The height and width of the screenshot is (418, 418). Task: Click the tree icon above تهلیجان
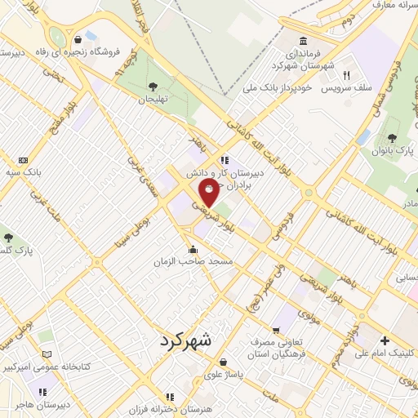point(151,86)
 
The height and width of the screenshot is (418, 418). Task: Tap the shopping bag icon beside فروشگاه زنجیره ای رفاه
point(78,38)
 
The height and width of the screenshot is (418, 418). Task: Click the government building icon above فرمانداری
point(303,42)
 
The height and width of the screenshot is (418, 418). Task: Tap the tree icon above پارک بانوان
point(393,137)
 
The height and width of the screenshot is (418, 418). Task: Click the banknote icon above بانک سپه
point(22,160)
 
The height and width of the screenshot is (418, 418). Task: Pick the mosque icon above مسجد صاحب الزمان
point(193,249)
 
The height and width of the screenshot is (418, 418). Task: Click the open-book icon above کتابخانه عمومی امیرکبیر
point(47,354)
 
